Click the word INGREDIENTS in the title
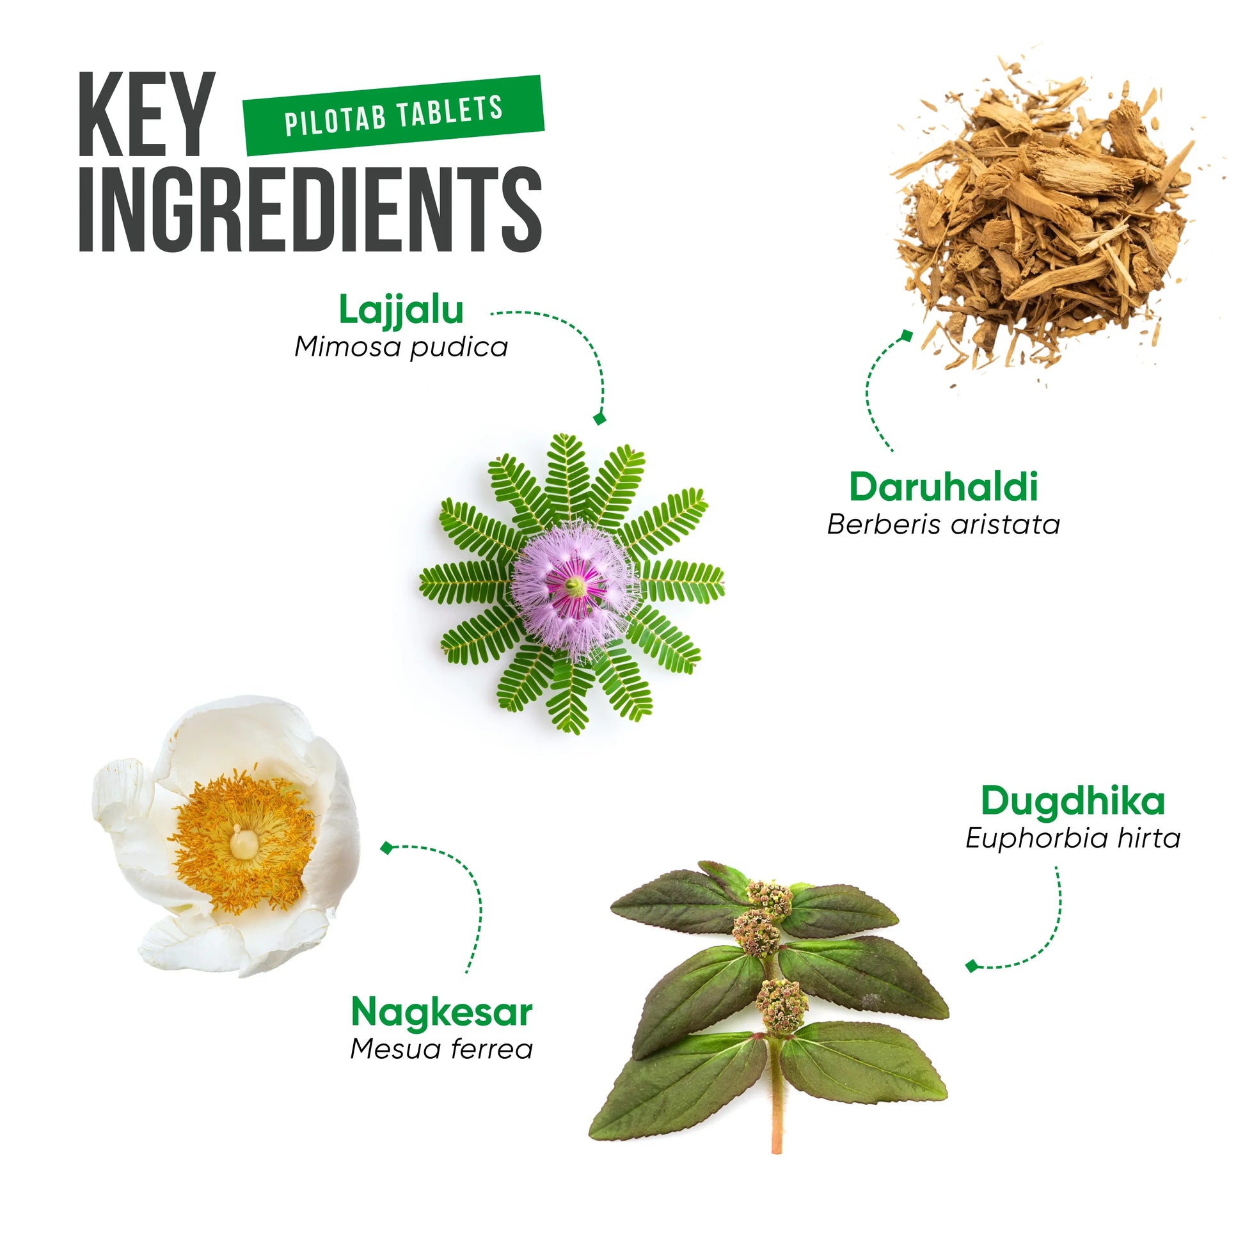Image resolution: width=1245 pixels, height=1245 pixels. coord(310,209)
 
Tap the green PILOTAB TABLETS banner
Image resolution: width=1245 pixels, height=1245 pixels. coord(393,115)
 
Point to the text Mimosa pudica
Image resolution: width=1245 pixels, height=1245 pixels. coord(401,347)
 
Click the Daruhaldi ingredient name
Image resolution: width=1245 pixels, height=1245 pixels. coord(944,487)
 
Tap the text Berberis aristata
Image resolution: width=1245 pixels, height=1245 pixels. coord(944,525)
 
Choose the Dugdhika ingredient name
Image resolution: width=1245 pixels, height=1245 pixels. coord(1073,802)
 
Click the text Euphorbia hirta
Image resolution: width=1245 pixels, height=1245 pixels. coord(1073,838)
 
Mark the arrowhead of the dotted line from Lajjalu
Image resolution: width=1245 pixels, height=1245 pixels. coord(600,418)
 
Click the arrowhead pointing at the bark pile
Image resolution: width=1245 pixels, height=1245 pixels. coord(907,335)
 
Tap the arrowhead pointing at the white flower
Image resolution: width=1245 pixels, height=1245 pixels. coord(386,848)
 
